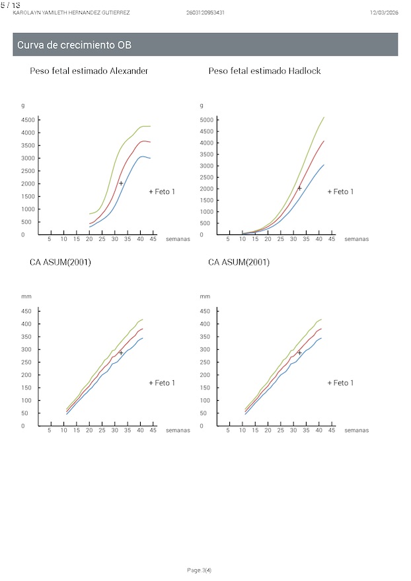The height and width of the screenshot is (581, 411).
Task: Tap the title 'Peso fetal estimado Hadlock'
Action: click(264, 71)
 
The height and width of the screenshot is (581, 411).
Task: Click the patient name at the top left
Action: click(71, 13)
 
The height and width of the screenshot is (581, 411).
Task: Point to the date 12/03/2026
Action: click(384, 13)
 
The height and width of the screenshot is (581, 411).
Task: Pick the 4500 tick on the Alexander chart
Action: click(28, 120)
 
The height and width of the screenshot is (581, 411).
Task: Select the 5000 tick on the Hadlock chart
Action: click(207, 120)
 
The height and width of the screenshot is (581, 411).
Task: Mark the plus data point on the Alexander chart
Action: click(121, 183)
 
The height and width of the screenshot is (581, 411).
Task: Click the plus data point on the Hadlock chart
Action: click(299, 188)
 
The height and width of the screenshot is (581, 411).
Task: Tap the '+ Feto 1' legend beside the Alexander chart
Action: click(162, 191)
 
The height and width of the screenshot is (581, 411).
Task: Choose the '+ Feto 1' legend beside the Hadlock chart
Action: click(340, 191)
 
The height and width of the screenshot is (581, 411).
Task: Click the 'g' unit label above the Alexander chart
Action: click(23, 106)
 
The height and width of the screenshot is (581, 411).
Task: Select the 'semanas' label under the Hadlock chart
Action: click(356, 239)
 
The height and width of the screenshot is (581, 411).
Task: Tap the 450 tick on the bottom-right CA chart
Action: click(204, 311)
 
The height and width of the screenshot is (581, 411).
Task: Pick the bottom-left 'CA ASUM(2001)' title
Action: click(60, 262)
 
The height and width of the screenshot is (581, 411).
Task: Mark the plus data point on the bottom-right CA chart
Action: click(299, 353)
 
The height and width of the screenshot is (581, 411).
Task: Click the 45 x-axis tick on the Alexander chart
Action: click(153, 239)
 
